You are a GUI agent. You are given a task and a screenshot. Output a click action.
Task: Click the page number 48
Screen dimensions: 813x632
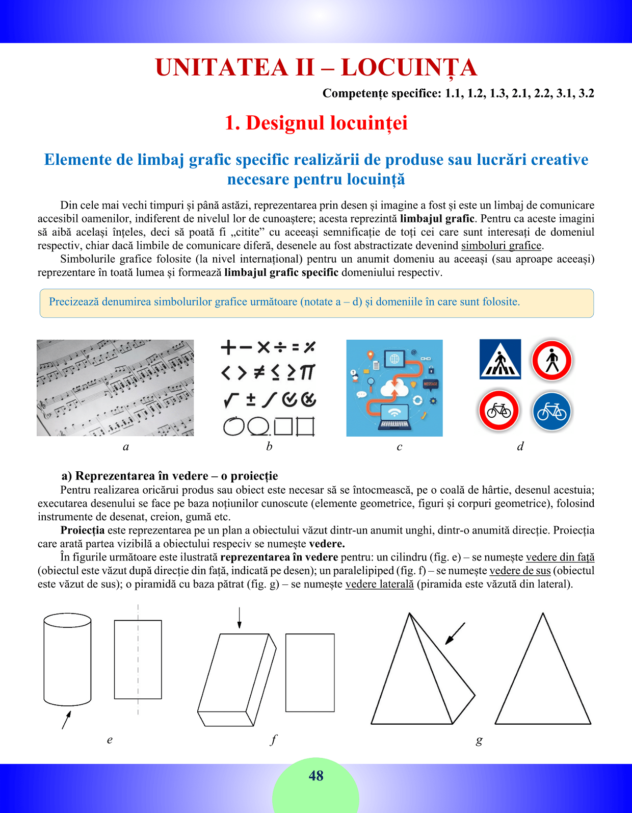pos(316,776)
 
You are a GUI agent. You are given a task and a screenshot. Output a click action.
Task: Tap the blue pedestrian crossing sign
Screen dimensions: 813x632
pos(500,359)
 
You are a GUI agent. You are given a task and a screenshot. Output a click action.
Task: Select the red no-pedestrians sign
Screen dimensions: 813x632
pos(552,360)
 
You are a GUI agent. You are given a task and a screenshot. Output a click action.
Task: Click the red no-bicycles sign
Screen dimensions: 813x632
pos(498,411)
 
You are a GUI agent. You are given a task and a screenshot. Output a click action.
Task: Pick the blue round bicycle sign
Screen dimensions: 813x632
pos(552,411)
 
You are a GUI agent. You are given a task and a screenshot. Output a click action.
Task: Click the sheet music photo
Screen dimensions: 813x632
pos(115,388)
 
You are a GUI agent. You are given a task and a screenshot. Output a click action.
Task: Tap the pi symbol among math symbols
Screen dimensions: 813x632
pos(307,372)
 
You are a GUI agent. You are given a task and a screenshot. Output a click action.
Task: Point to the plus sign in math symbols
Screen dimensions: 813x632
pos(228,348)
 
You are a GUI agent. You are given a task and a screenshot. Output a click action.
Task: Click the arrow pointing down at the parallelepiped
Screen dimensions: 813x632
pos(239,618)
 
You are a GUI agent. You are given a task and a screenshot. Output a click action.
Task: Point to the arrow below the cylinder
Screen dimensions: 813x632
pos(66,720)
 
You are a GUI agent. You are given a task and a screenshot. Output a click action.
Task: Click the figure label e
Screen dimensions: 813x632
pos(110,740)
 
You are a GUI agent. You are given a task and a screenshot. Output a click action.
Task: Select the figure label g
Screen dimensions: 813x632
pos(479,740)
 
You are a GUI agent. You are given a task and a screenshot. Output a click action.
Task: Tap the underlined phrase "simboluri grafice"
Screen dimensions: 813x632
pos(501,245)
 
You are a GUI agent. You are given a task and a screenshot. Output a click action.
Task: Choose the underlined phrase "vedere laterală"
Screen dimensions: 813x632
pos(379,584)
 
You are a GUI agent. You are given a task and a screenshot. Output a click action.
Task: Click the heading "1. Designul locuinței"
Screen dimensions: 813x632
pos(316,123)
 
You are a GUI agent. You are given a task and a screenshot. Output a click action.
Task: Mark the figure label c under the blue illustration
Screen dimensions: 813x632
pos(400,447)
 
